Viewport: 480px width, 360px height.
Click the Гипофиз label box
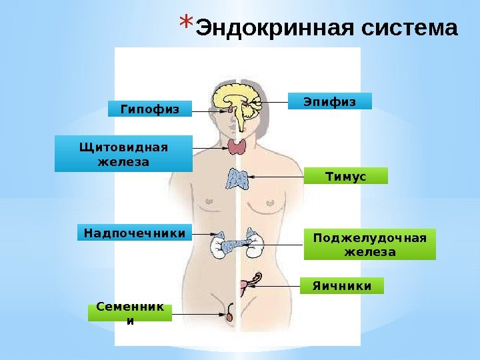(x=149, y=109)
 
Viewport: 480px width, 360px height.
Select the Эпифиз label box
(x=329, y=101)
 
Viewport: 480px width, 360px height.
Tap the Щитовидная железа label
(x=123, y=154)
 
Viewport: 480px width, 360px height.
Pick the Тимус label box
(x=345, y=175)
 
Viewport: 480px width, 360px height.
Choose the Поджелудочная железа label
(x=369, y=245)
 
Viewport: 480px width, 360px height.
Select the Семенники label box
(x=129, y=313)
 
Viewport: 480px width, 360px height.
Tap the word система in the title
(x=410, y=29)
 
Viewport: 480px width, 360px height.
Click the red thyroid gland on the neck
(x=237, y=146)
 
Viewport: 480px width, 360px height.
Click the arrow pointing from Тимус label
(x=277, y=177)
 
